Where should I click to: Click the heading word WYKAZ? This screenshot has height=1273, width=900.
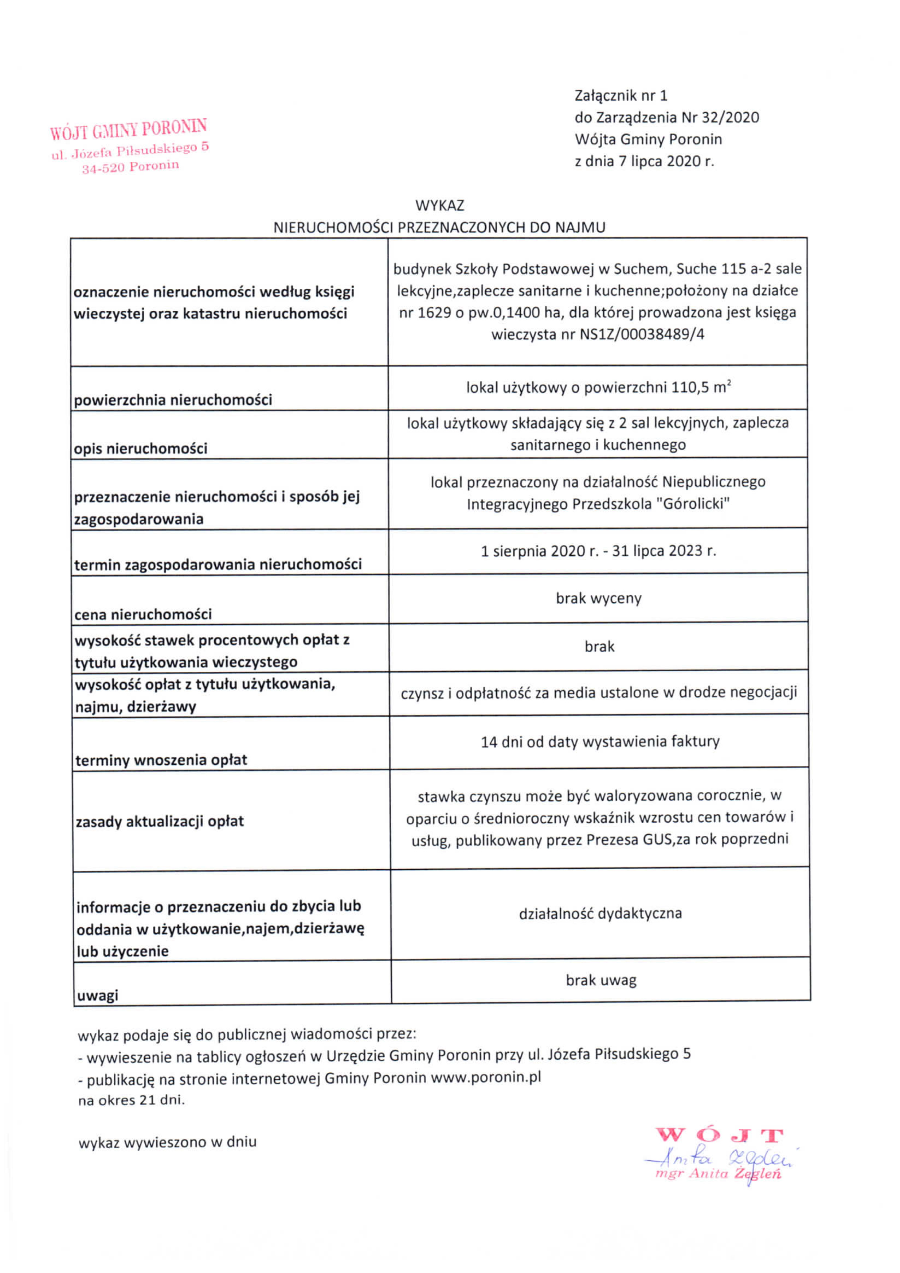click(x=439, y=206)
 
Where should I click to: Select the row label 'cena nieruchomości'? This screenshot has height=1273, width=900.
click(x=143, y=614)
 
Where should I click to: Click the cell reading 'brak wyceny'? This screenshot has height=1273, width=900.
click(x=599, y=598)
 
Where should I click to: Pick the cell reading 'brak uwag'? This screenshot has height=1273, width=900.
click(x=601, y=980)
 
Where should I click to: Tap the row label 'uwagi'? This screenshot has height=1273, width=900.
click(x=98, y=995)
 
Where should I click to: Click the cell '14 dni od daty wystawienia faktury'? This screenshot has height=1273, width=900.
click(x=600, y=742)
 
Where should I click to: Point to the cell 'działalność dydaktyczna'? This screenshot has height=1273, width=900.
click(x=600, y=914)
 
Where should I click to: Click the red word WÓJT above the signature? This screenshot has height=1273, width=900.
click(x=719, y=1136)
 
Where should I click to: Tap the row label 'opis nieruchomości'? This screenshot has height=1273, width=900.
click(x=141, y=449)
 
